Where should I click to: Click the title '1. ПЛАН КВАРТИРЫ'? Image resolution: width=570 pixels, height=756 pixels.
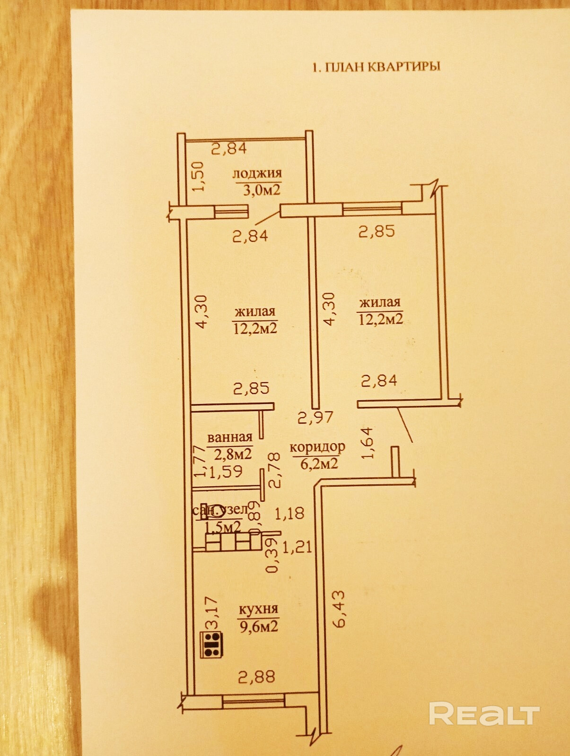376,67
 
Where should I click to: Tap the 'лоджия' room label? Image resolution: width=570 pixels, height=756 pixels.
257,174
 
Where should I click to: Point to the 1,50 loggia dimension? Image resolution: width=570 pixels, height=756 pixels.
198,176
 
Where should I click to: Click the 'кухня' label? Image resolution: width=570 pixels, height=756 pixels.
258,610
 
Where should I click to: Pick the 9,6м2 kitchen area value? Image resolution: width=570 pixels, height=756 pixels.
258,627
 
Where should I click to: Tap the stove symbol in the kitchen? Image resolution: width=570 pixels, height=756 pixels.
213,645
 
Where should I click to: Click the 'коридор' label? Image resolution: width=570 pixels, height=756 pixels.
317,447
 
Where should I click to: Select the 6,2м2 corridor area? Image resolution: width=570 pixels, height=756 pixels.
319,463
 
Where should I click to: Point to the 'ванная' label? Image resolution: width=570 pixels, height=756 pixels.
230,438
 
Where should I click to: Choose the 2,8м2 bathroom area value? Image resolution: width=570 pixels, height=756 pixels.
232,454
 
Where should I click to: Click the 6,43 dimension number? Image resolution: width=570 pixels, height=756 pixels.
340,609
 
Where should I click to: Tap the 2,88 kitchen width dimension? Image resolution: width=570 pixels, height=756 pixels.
256,677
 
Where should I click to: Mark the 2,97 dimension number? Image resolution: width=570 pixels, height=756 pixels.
316,417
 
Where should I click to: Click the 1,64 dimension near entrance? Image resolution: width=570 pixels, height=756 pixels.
368,443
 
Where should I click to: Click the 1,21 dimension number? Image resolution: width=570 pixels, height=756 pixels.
297,547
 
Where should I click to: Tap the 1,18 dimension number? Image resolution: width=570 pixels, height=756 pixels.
289,513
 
